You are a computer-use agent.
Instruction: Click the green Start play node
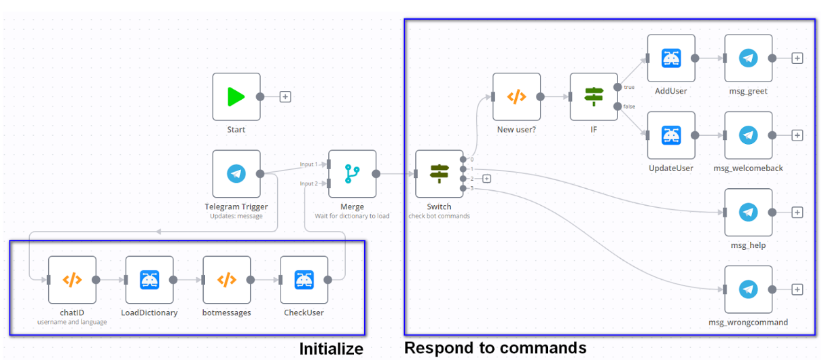click(x=236, y=97)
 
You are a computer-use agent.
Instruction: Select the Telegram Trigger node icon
click(x=236, y=174)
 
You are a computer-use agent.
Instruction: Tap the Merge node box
click(x=352, y=174)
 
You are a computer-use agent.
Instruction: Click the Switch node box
click(x=439, y=174)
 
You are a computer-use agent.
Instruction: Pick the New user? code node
click(x=516, y=97)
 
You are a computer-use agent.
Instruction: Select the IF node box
click(x=594, y=97)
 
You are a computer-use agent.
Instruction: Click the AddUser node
click(x=671, y=58)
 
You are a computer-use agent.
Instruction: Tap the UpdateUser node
click(x=671, y=135)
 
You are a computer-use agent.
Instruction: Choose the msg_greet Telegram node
click(x=749, y=58)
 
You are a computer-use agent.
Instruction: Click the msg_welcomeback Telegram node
click(x=749, y=135)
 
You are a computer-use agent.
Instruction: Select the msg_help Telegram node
click(x=749, y=213)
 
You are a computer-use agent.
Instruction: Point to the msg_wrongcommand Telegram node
click(x=749, y=289)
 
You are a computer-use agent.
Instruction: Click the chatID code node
click(x=72, y=280)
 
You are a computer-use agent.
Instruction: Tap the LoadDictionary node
click(x=149, y=280)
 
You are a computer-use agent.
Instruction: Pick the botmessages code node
click(x=227, y=280)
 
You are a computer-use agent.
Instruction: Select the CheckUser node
click(x=304, y=280)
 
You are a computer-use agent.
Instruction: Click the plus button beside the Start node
click(x=285, y=97)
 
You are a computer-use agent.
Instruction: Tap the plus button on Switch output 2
click(x=486, y=179)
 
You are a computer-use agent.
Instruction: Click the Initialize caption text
click(x=331, y=349)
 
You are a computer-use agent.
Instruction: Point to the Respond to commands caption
click(x=495, y=348)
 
